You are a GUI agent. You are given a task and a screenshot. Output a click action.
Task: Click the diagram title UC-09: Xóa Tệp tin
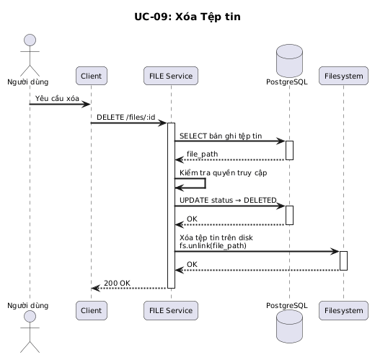tap(187, 17)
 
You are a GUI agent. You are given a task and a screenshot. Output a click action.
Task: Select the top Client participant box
tap(92, 76)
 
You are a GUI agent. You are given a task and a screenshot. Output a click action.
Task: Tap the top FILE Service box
tap(171, 76)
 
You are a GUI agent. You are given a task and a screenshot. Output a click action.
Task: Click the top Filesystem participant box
tap(343, 76)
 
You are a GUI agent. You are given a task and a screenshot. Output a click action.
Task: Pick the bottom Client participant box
tap(92, 310)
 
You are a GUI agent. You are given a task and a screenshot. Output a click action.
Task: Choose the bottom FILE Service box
tap(171, 310)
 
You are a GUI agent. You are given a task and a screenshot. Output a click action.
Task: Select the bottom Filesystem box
tap(343, 310)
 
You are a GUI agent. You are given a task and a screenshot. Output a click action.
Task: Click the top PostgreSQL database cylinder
tap(289, 61)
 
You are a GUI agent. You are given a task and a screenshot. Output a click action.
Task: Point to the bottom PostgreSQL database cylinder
tap(289, 326)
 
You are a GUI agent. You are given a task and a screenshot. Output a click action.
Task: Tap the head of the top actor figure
tap(30, 40)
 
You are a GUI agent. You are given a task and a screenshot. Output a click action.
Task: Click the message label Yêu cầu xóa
tap(57, 98)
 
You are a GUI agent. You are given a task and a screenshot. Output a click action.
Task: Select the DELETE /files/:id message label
tap(126, 117)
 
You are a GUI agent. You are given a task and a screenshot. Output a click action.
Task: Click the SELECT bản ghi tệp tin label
tap(221, 136)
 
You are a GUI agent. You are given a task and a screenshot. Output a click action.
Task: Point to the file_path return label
tap(203, 154)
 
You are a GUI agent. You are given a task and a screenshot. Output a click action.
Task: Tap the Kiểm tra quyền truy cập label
tap(224, 173)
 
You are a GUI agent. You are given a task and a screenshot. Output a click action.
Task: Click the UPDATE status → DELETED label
tap(228, 200)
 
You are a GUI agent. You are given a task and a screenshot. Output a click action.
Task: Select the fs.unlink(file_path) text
tap(213, 246)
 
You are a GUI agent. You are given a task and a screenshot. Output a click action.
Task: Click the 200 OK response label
tap(117, 283)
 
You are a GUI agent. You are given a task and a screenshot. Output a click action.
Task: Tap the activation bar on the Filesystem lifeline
tap(343, 260)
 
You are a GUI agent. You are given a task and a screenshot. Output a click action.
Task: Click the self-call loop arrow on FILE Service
tap(205, 183)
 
